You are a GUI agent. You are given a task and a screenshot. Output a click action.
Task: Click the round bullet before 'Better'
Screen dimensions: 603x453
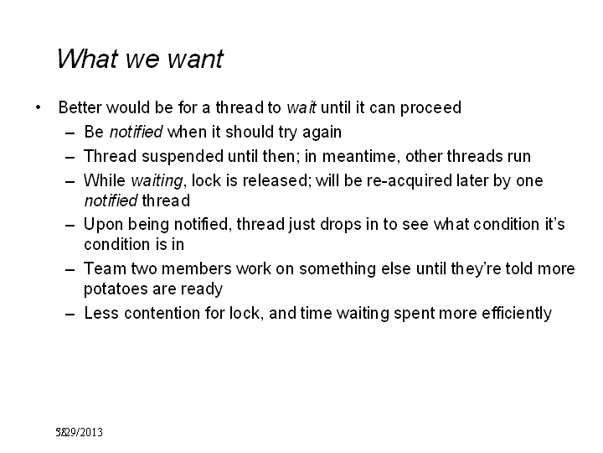38,107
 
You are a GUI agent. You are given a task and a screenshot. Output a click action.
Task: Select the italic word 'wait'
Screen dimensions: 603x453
301,107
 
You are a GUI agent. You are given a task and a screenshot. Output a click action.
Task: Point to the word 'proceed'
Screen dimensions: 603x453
430,108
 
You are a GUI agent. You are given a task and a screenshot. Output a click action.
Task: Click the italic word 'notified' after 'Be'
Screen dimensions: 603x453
137,132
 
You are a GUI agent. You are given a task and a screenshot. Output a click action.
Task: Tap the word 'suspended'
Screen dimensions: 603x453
183,157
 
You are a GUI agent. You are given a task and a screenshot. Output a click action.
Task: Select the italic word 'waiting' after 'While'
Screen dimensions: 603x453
157,181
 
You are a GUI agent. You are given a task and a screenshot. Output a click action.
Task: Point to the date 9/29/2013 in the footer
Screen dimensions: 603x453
80,432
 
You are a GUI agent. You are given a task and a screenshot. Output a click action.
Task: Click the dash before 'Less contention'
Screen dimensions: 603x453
70,315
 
